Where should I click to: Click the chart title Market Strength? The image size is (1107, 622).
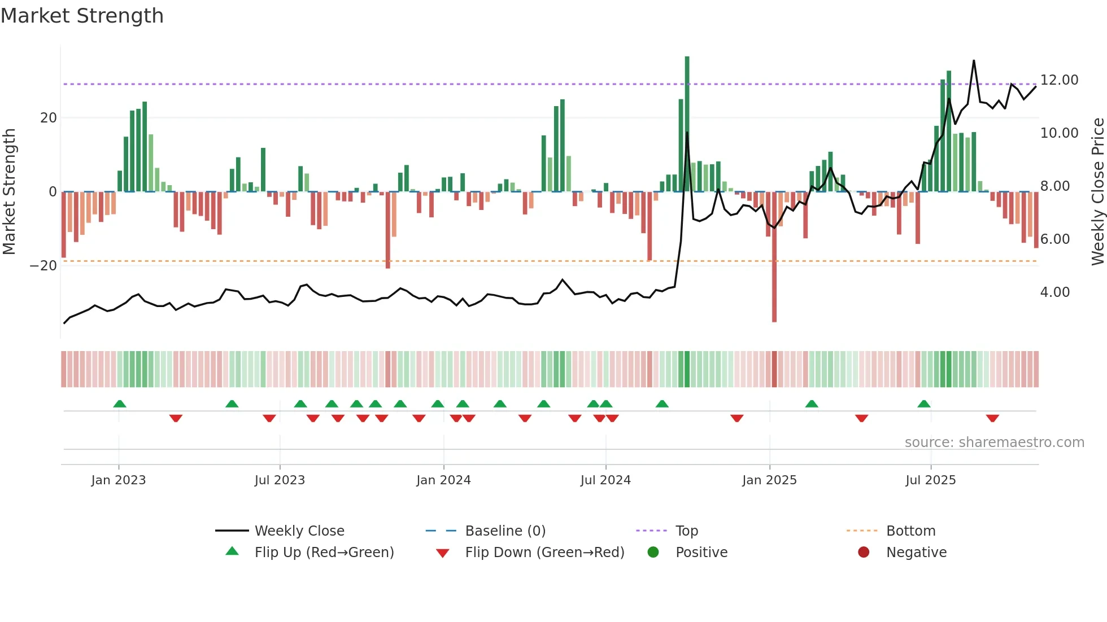click(82, 16)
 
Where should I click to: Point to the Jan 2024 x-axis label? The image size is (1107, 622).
click(443, 480)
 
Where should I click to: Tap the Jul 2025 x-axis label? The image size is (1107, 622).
click(930, 480)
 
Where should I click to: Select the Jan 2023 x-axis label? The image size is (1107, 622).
click(119, 480)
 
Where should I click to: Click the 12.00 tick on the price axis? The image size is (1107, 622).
click(1059, 80)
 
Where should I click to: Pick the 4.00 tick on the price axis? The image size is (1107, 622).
click(1054, 292)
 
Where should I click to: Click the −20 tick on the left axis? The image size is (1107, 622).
click(43, 266)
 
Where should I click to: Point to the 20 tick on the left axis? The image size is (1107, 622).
click(49, 118)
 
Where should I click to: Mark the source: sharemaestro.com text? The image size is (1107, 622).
click(994, 443)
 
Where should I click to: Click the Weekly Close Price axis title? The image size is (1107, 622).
click(1097, 192)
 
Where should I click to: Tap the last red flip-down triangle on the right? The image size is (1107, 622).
click(992, 418)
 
